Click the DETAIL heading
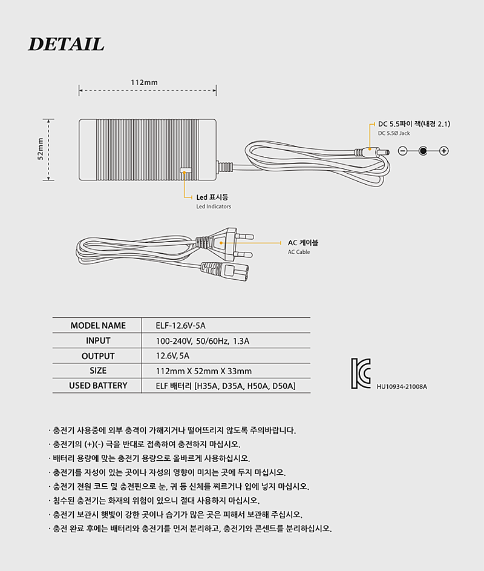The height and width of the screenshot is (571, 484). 66,44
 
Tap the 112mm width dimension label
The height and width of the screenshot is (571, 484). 144,82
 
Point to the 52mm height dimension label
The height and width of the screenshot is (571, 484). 41,148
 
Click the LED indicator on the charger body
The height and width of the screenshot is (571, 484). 186,170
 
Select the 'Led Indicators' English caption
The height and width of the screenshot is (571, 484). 214,206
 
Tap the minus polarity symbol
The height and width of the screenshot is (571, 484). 402,151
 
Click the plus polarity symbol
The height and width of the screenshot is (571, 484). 443,151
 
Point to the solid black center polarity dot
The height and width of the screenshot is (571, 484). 423,151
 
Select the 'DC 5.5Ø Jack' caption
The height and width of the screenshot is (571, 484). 394,133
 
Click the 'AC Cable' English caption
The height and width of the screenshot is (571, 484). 299,252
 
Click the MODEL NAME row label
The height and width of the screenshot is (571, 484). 98,326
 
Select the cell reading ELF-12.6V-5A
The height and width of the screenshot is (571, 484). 180,326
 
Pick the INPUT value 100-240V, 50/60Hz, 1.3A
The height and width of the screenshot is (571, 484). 202,342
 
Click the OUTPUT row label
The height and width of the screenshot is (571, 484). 98,356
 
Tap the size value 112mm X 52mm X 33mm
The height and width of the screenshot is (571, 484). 204,371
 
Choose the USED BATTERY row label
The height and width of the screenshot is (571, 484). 98,386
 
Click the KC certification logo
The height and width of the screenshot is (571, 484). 361,373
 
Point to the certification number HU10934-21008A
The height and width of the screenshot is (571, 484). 402,387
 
